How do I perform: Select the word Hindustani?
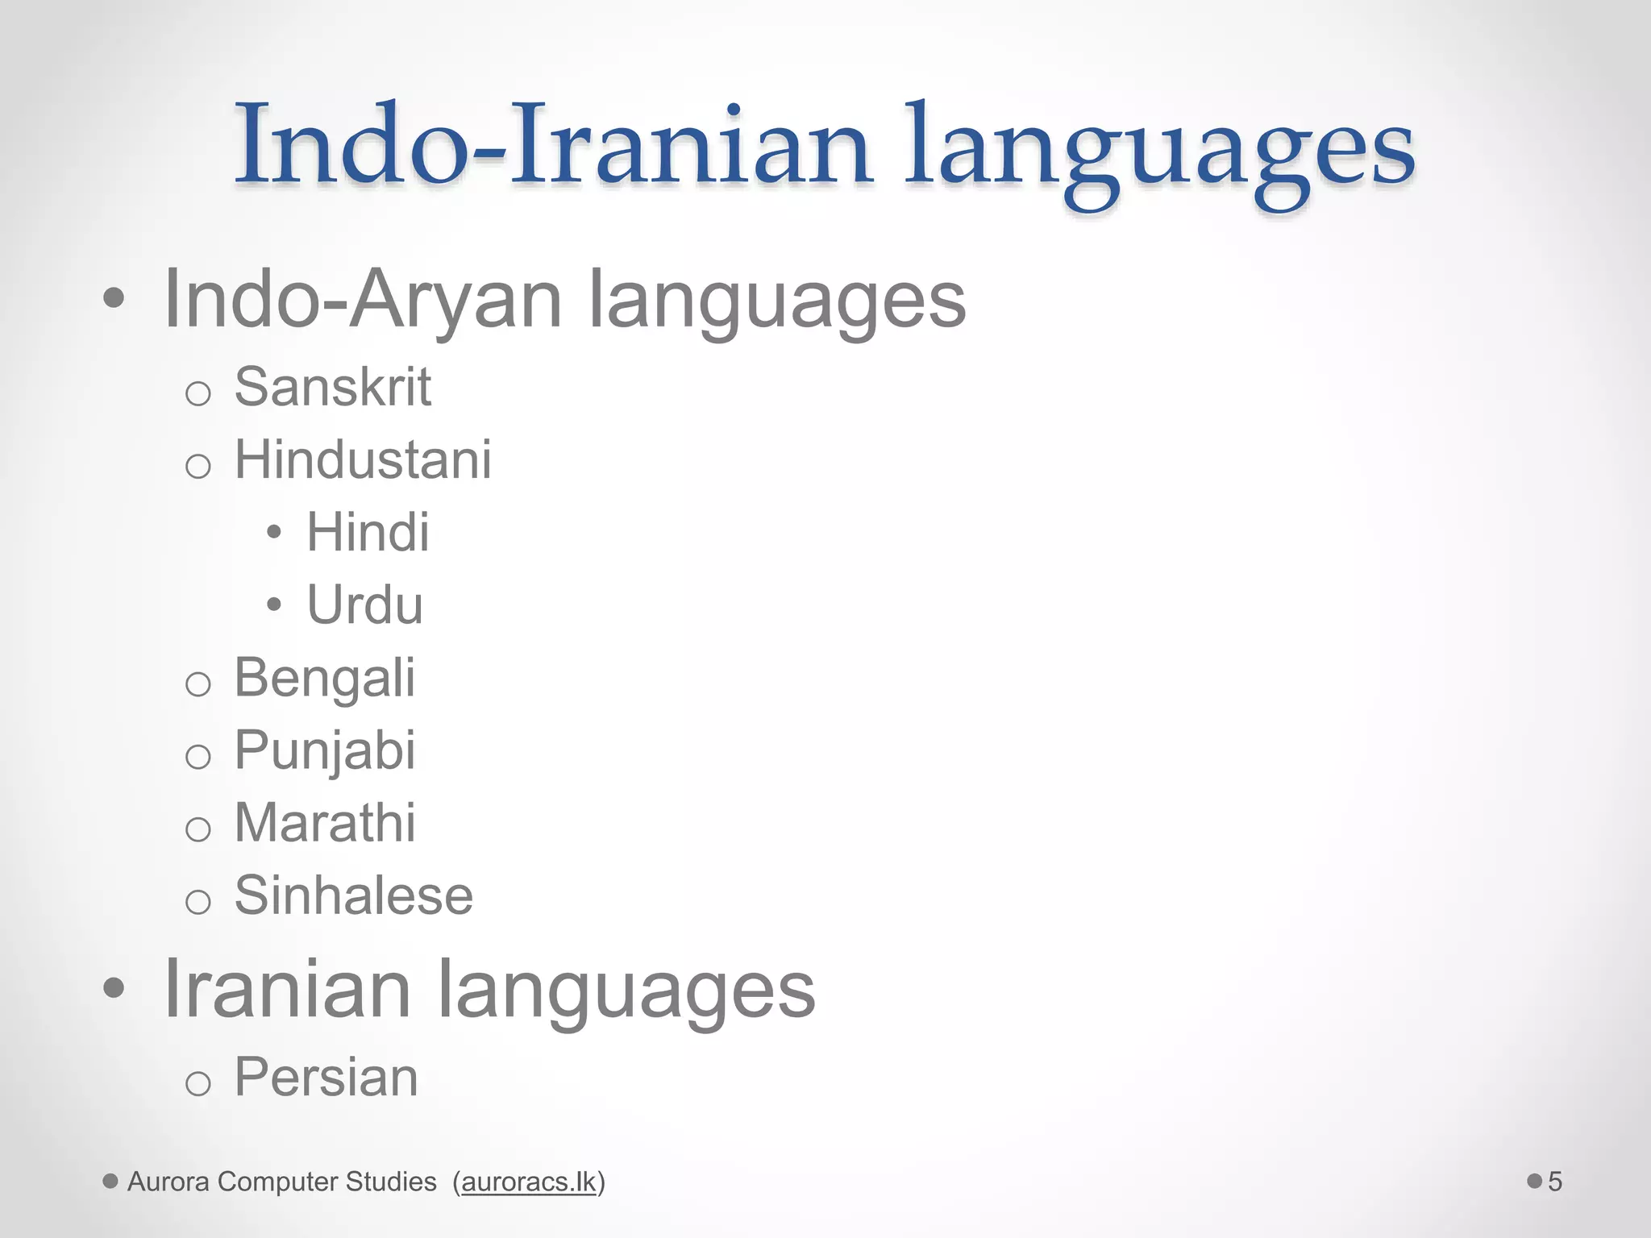[363, 460]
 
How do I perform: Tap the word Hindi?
[368, 533]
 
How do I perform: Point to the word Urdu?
[364, 605]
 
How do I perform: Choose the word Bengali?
[325, 678]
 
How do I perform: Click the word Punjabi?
[325, 750]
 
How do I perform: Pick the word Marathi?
[325, 823]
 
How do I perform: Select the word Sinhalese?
[353, 895]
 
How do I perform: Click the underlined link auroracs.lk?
[529, 1182]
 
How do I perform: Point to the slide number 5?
[1555, 1182]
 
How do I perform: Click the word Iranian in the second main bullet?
[287, 989]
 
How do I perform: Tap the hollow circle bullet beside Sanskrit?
[198, 393]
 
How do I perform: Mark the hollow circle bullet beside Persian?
[198, 1083]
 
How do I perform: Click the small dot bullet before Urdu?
[274, 604]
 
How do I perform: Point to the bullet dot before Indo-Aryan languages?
[114, 298]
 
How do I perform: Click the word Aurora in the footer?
[168, 1182]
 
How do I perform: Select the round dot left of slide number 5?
[1534, 1181]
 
